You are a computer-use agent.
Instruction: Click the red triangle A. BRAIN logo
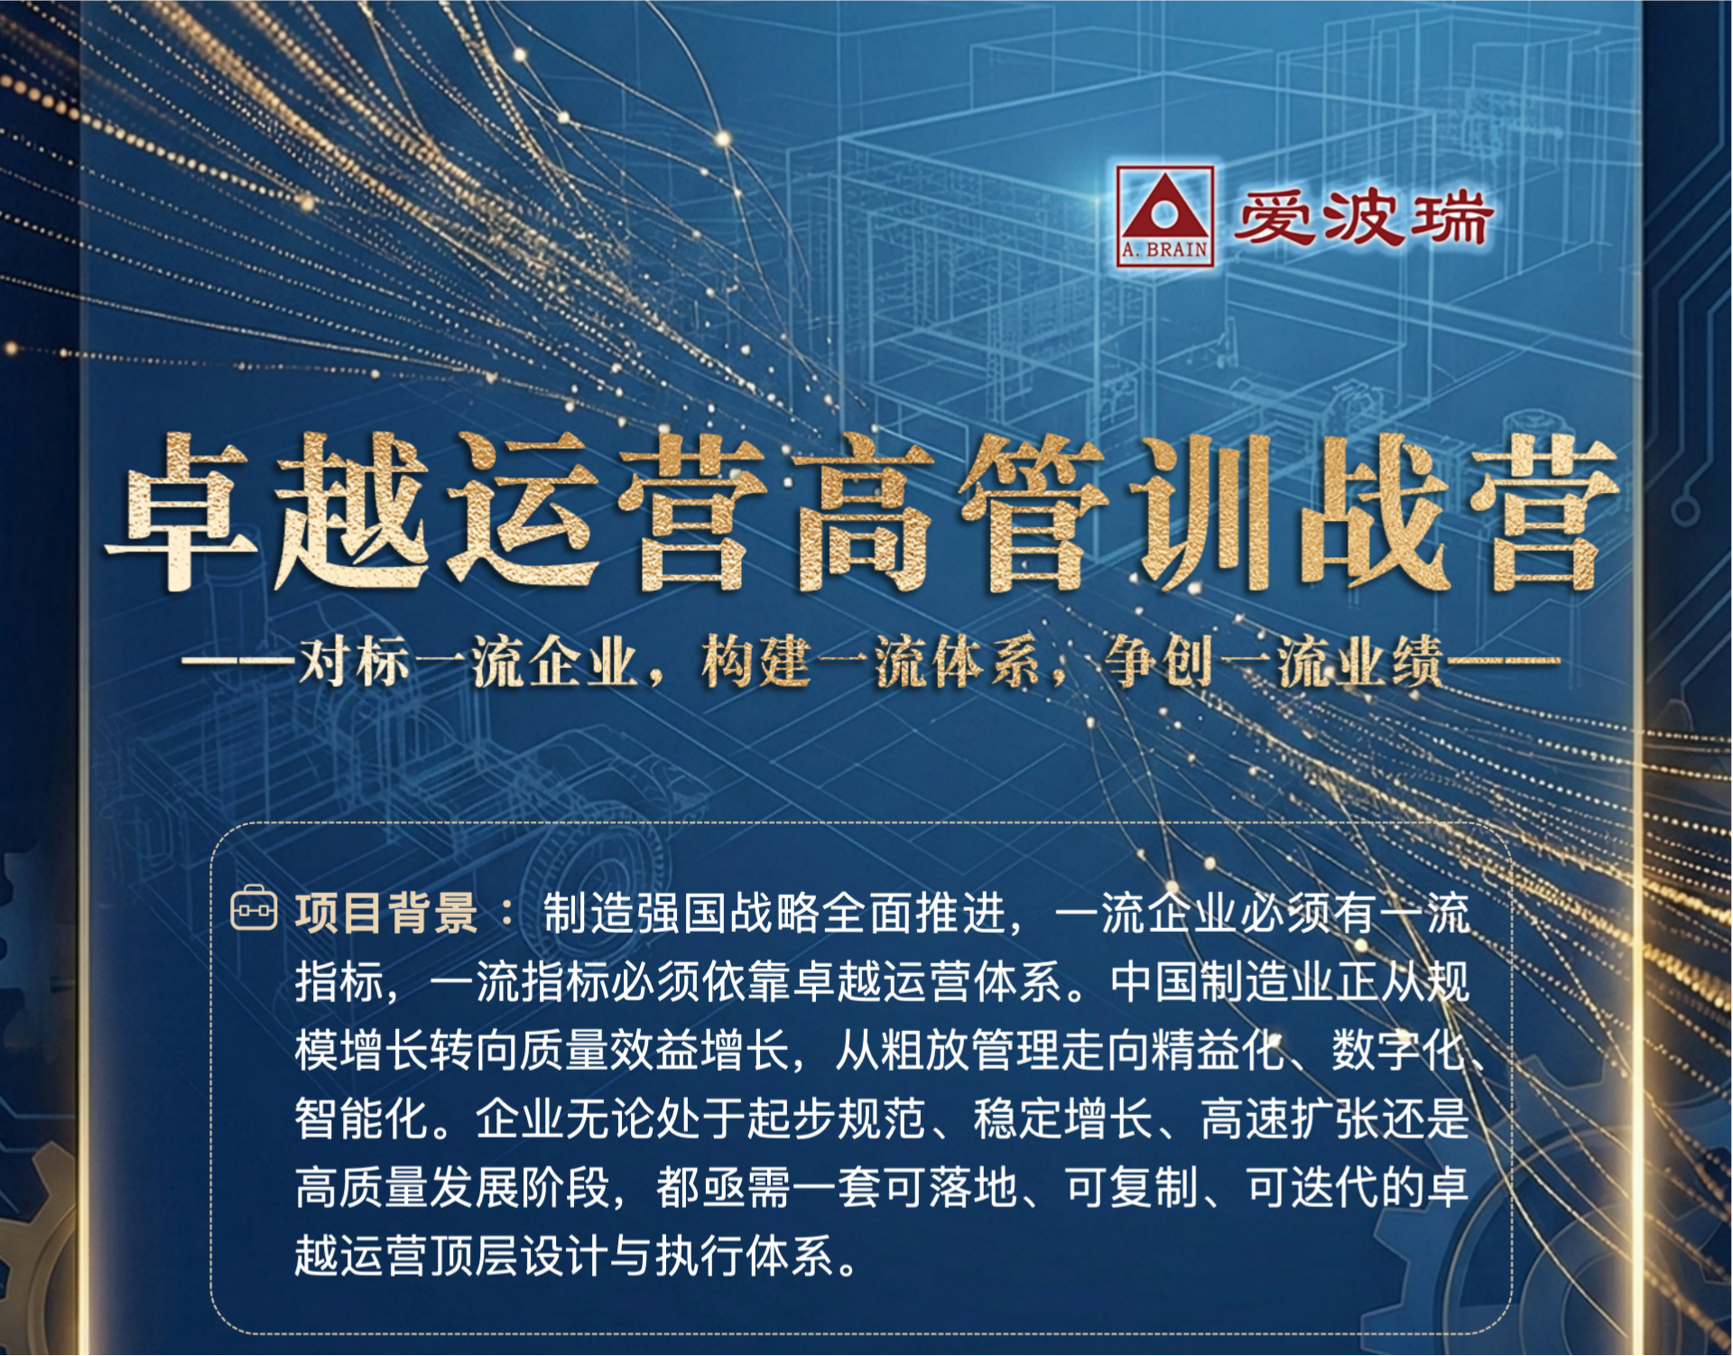click(x=1164, y=216)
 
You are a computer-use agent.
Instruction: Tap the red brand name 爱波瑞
click(x=1364, y=218)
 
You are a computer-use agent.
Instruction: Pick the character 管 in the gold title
click(x=1033, y=512)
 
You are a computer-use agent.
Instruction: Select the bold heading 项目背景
click(x=385, y=913)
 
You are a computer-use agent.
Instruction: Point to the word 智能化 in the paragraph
click(x=362, y=1119)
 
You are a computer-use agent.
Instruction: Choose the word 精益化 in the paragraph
click(x=1218, y=1050)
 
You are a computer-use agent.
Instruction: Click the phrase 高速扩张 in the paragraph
click(x=1290, y=1119)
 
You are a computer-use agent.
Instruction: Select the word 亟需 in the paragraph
click(x=746, y=1187)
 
